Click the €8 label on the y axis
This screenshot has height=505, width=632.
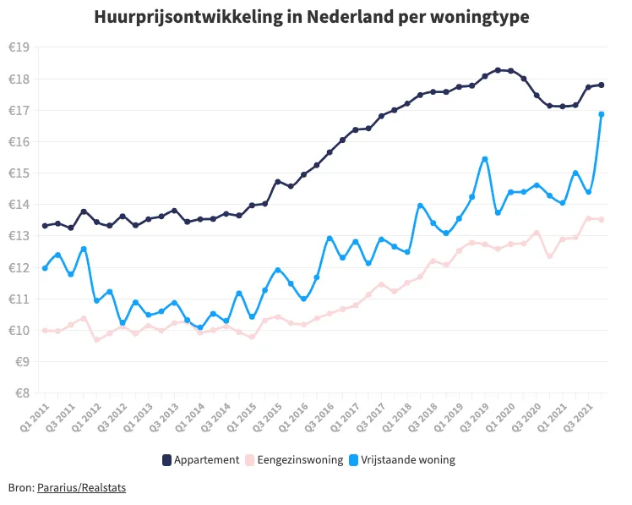(x=19, y=393)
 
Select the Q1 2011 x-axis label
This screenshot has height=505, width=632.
(x=36, y=414)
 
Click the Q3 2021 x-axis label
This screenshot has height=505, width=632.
(x=580, y=414)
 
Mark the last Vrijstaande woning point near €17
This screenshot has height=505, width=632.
(x=602, y=114)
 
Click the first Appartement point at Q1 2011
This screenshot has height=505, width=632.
(x=45, y=226)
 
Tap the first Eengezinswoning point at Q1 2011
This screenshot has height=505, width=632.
(x=45, y=330)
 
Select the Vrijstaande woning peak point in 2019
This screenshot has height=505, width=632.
(x=485, y=159)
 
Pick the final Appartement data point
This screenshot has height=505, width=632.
(x=602, y=85)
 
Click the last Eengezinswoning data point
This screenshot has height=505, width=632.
(x=602, y=220)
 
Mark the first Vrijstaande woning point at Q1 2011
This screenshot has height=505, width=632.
(x=45, y=268)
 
